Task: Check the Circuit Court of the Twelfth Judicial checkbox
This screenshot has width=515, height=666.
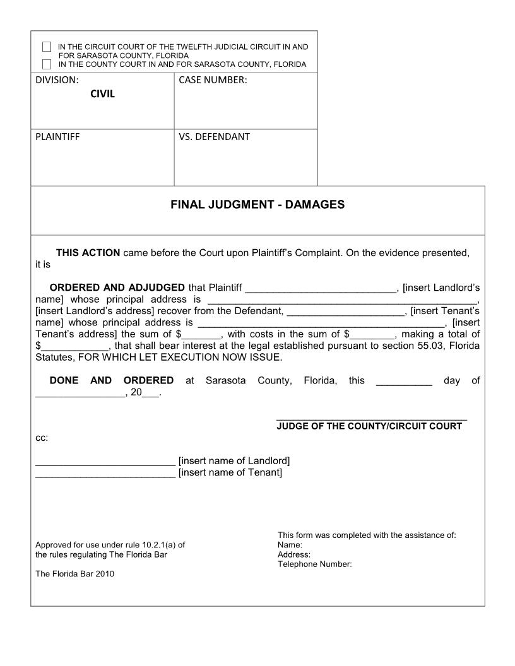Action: pos(47,47)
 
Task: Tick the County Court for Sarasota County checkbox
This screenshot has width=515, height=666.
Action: pos(47,64)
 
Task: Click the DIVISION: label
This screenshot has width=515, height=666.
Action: pos(57,80)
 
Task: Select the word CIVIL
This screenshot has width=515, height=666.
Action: pos(102,95)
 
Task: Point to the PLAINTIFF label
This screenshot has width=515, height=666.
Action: pos(57,136)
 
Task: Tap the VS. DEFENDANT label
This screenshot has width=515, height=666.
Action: pos(214,136)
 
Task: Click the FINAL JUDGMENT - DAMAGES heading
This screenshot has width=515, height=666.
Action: pos(257,205)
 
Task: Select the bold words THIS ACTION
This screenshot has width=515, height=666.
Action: pos(88,253)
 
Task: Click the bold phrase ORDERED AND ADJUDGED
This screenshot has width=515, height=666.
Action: pos(117,288)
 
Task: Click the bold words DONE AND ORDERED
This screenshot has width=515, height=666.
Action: pos(112,380)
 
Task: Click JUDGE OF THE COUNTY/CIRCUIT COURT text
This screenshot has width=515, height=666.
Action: pos(369,426)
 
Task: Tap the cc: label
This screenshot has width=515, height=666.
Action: pos(42,438)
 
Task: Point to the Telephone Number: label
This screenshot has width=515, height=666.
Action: pos(314,564)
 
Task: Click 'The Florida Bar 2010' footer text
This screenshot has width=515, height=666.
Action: pos(75,574)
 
